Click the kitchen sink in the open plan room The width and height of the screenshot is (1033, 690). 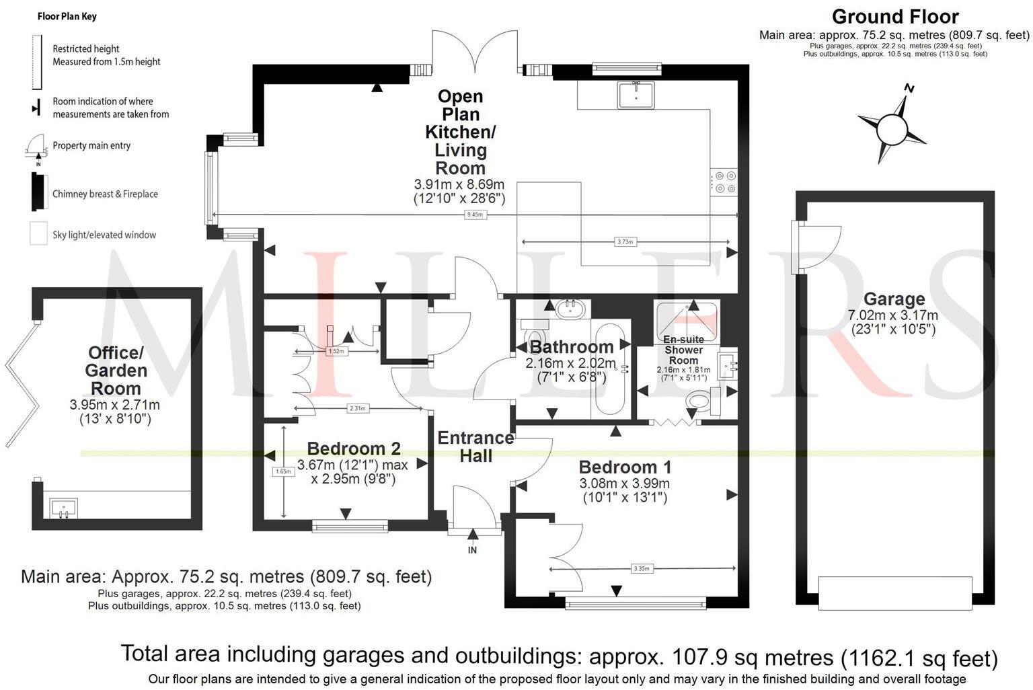(x=636, y=95)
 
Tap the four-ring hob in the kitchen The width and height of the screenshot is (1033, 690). (x=724, y=182)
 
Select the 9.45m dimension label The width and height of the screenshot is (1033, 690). (x=475, y=215)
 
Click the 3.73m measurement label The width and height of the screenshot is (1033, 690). (x=625, y=241)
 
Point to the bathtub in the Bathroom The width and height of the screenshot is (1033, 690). (x=610, y=369)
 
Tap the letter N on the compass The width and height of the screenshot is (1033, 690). (x=909, y=87)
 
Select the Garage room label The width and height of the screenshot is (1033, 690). (x=894, y=299)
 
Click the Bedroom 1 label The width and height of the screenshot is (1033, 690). (x=625, y=467)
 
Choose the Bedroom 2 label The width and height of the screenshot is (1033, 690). (x=354, y=449)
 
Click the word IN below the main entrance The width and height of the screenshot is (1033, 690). (x=472, y=550)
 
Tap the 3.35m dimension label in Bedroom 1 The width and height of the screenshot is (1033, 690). (x=642, y=569)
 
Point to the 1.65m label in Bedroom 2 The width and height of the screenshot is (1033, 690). (x=283, y=471)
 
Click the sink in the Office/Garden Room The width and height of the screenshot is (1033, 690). (x=63, y=508)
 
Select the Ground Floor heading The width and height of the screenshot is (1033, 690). (x=895, y=17)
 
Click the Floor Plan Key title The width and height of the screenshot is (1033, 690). (x=67, y=17)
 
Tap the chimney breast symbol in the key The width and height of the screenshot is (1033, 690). (x=40, y=192)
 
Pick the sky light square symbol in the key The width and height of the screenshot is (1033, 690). (x=39, y=233)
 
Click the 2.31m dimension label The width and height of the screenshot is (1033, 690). (x=357, y=408)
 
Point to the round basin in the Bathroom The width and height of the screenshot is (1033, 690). (x=570, y=309)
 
